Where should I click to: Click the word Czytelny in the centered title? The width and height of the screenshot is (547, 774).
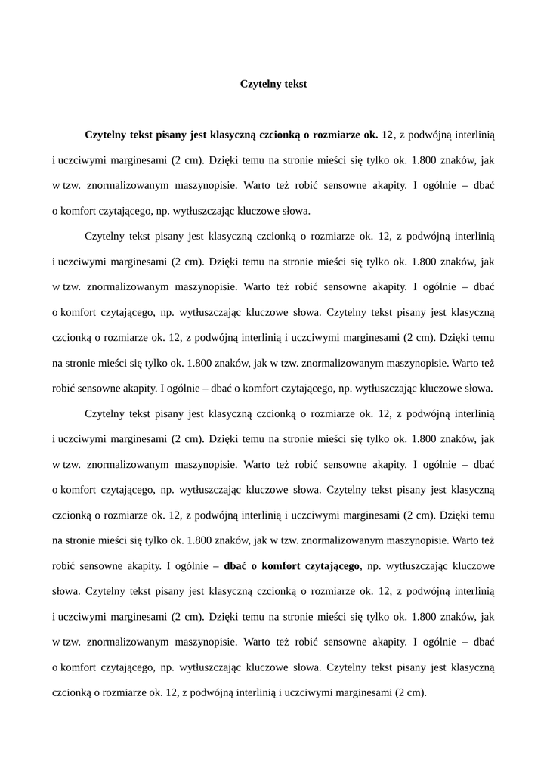pos(259,84)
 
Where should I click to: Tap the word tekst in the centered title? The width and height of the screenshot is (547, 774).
pos(295,84)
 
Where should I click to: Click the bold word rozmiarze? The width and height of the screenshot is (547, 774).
pos(335,135)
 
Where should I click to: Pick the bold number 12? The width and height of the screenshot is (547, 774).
pos(388,135)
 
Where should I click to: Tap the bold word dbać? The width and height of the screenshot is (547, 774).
pos(236,565)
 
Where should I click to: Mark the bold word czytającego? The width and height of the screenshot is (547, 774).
pos(332,565)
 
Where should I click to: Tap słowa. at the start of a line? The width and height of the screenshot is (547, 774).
pos(66,590)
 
